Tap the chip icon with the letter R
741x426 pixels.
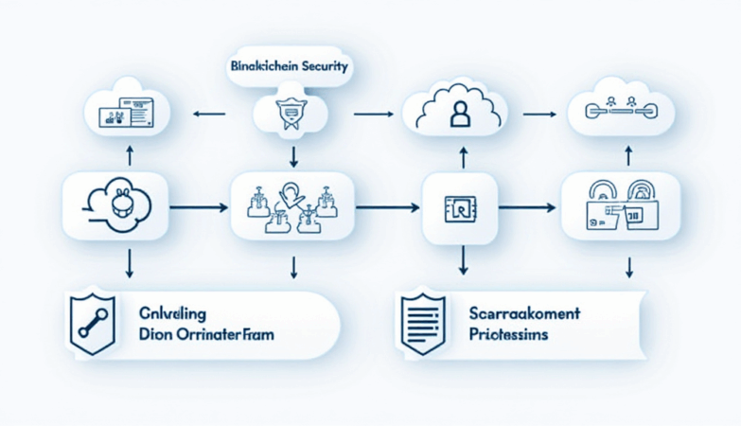(x=458, y=205)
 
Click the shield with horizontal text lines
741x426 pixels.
(x=421, y=323)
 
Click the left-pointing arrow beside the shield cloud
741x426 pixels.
(x=210, y=115)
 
